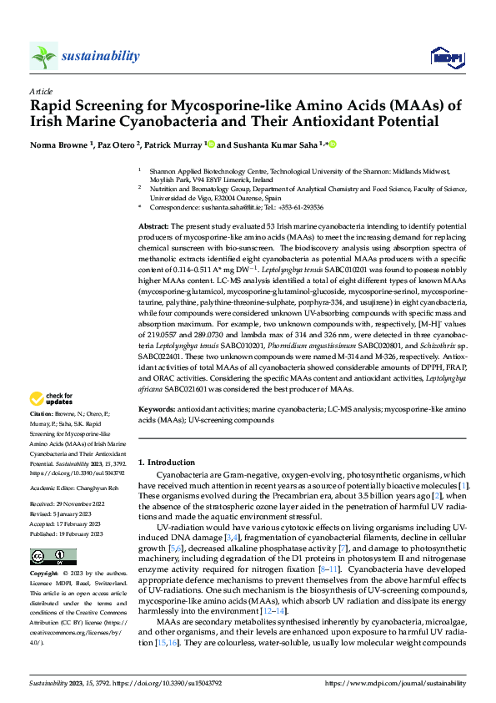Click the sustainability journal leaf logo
point(44,56)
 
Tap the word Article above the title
point(40,91)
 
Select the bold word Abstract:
point(154,226)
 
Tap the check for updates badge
point(53,399)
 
